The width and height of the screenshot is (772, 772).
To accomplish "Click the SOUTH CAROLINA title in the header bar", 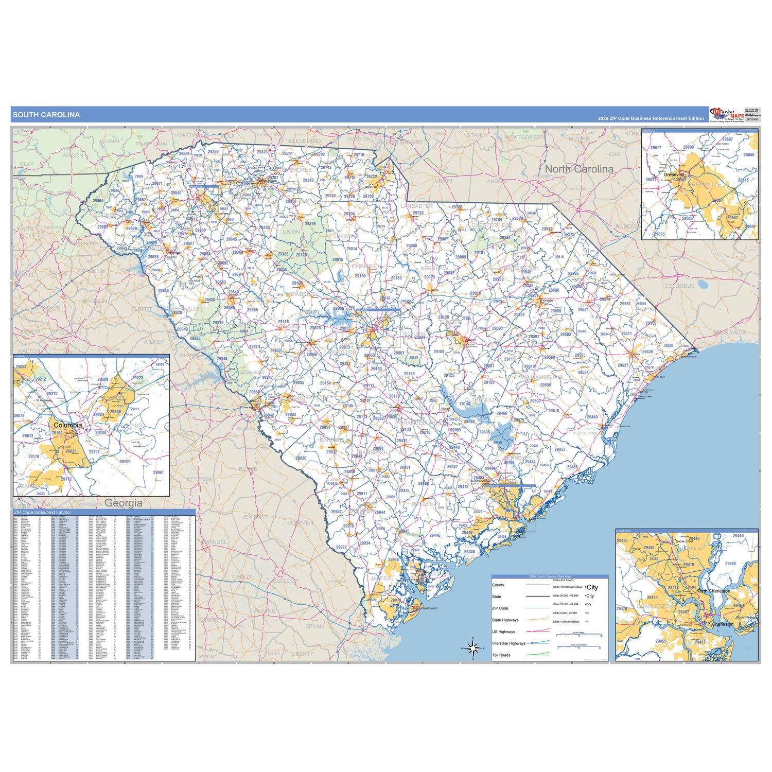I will click(x=46, y=115).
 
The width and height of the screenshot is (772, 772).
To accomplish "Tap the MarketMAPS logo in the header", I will click(x=727, y=114).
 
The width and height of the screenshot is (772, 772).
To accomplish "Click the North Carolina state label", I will click(x=579, y=169).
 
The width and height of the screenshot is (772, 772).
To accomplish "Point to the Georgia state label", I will click(x=124, y=503).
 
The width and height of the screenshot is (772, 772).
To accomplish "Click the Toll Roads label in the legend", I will click(x=501, y=655).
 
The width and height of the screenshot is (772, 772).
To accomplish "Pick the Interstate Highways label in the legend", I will click(x=508, y=643).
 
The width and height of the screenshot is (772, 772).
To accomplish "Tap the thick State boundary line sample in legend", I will click(x=537, y=596).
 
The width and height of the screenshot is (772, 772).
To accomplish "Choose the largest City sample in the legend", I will click(x=592, y=587).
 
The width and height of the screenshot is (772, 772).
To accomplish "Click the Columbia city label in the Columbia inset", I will click(x=67, y=425).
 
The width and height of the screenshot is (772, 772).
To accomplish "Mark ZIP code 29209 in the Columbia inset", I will click(x=125, y=462).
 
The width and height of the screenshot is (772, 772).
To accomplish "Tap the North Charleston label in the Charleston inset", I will click(x=713, y=591).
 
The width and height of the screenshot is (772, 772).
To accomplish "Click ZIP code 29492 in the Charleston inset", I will click(x=730, y=564).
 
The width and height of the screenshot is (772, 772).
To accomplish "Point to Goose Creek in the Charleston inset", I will click(x=685, y=541).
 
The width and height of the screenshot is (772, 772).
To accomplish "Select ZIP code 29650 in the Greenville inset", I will click(x=748, y=154).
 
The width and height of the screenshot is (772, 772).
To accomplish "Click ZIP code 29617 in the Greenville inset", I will click(x=655, y=147).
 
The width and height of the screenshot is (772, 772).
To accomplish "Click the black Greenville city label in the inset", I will click(x=674, y=174).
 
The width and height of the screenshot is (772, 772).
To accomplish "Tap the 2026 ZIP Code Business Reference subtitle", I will click(x=651, y=118).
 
